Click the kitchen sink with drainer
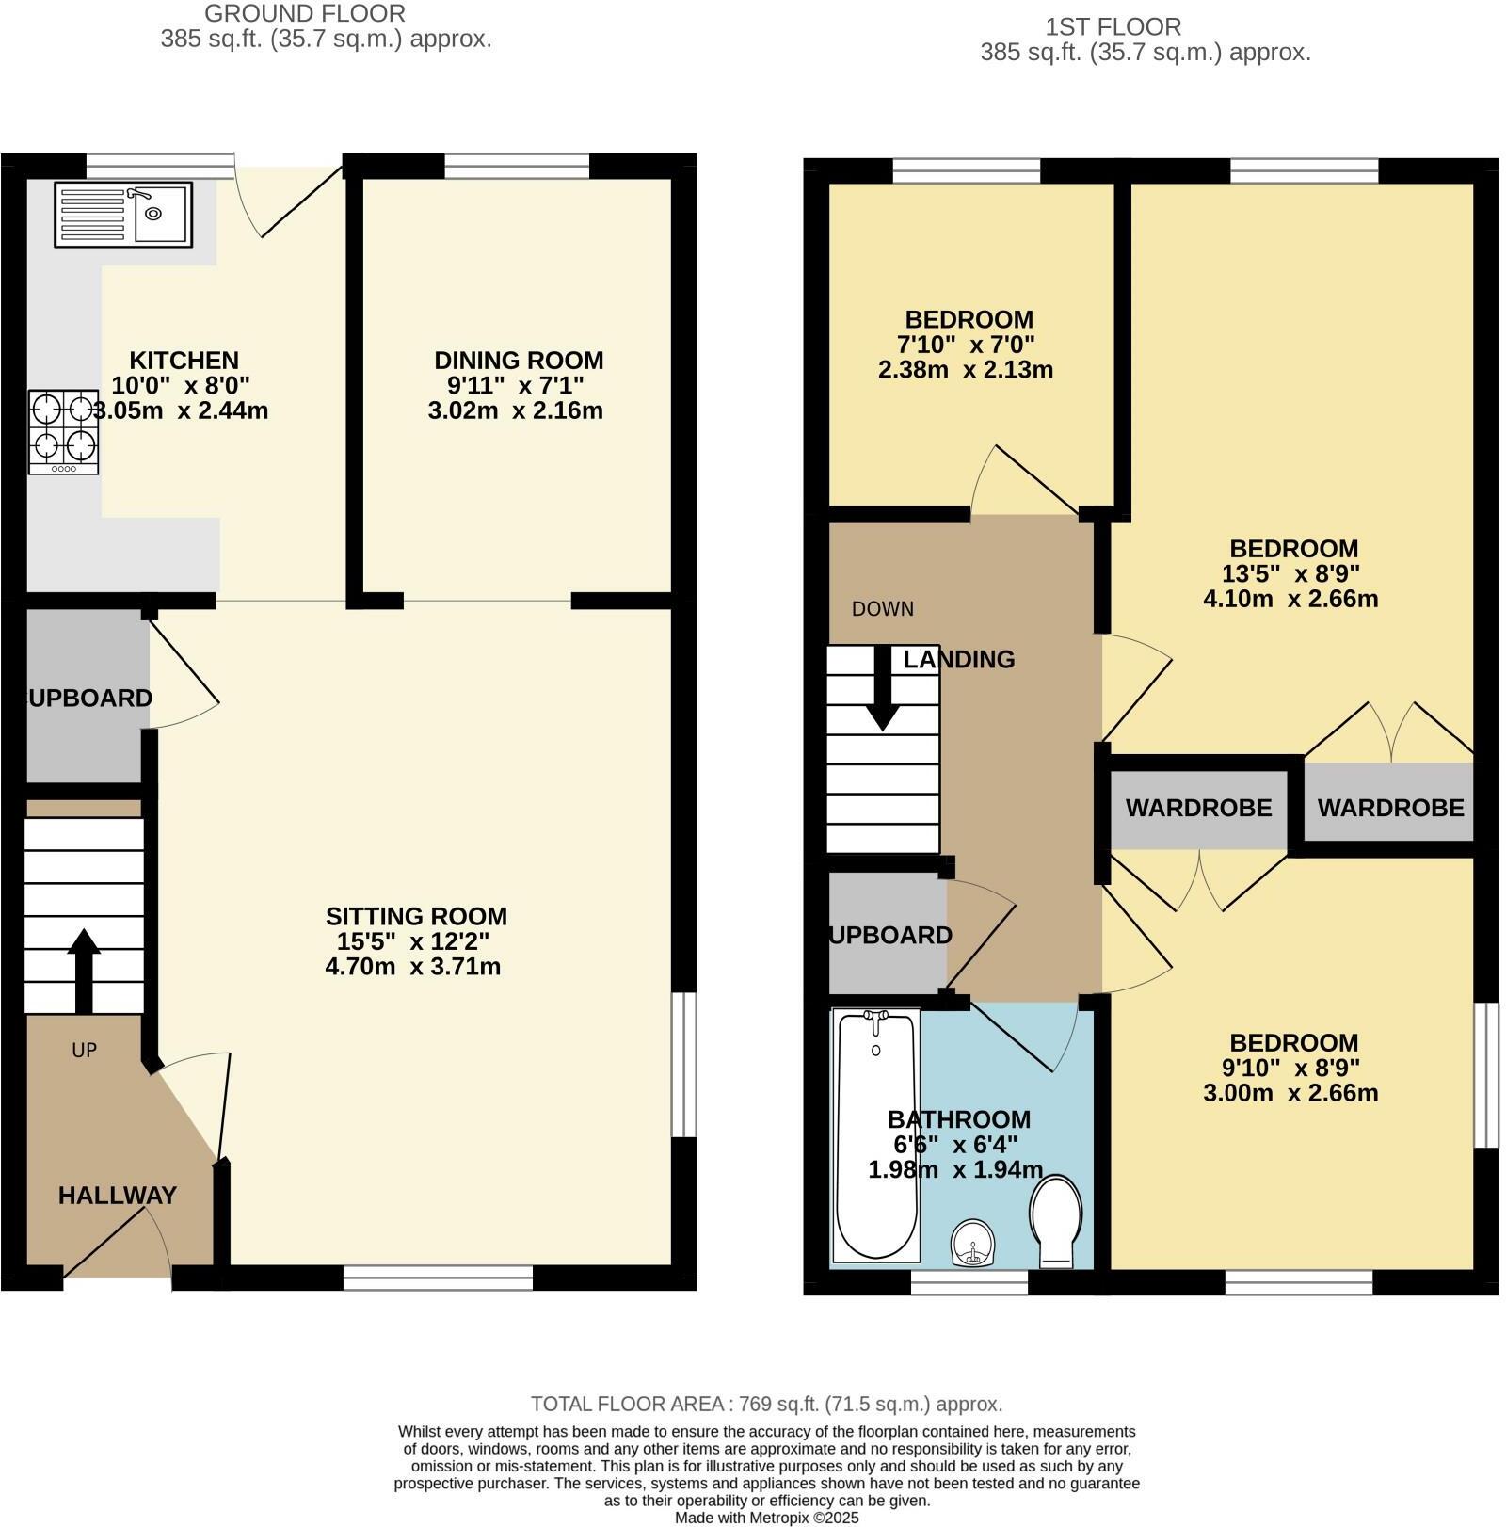pos(123,215)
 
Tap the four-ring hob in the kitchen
pos(64,431)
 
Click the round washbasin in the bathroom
pos(971,1243)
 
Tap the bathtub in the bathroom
pos(876,1136)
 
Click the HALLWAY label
pos(118,1196)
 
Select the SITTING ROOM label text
pos(416,916)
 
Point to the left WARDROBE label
pos(1198,808)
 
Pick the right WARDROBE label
pos(1390,808)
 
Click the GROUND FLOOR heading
pos(305,14)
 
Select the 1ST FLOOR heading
pos(1113,26)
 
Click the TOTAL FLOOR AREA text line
pos(766,1404)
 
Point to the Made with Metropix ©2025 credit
pos(766,1518)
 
